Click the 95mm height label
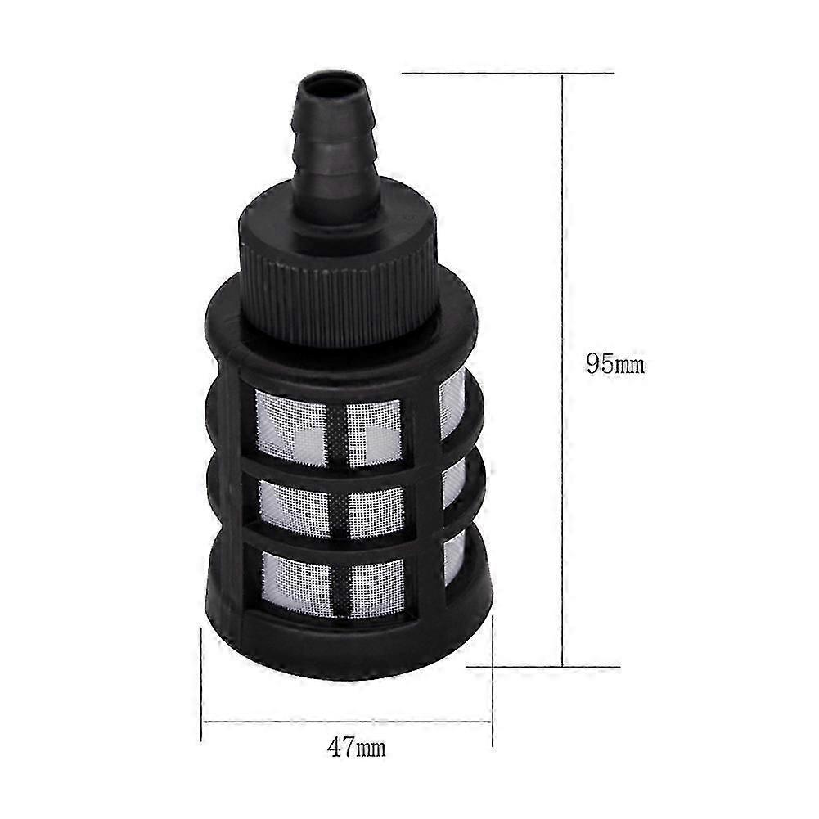click(x=614, y=363)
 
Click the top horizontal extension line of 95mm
click(x=507, y=74)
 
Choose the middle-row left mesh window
click(x=294, y=507)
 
